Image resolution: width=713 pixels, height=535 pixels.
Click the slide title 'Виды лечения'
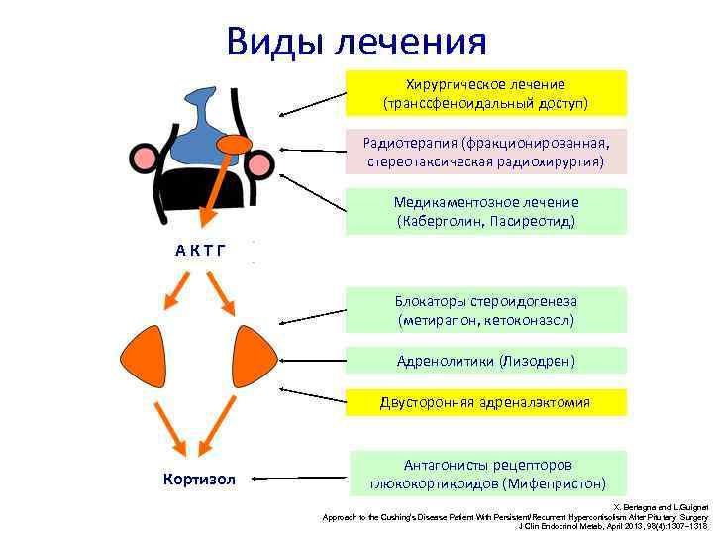(x=356, y=42)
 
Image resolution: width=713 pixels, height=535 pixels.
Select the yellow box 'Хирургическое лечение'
(x=485, y=93)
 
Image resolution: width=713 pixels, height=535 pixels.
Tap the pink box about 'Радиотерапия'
(x=485, y=152)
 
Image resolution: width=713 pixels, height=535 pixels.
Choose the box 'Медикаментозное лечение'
(x=485, y=211)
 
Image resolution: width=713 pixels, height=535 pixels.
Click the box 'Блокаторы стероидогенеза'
(x=485, y=310)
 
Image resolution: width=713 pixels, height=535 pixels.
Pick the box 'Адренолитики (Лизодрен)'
(x=485, y=361)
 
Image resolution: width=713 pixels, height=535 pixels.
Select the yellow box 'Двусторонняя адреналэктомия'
(x=485, y=402)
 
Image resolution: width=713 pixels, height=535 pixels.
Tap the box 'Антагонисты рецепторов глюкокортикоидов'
(x=485, y=474)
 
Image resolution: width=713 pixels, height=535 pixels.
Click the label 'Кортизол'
(x=199, y=480)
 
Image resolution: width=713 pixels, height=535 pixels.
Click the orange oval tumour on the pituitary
(x=235, y=145)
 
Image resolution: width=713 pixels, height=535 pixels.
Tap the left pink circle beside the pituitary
(x=144, y=159)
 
